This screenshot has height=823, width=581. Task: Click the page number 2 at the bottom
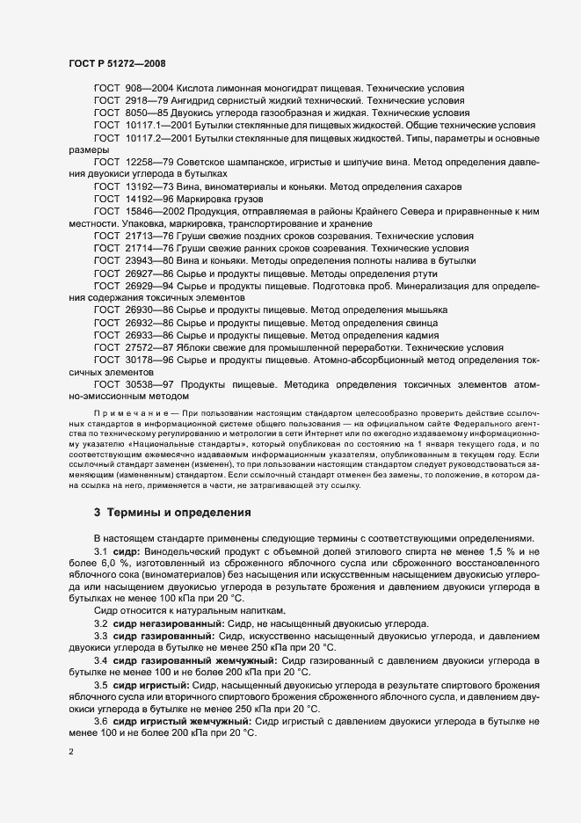(70, 752)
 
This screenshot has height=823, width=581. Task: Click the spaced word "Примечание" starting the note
(127, 411)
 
